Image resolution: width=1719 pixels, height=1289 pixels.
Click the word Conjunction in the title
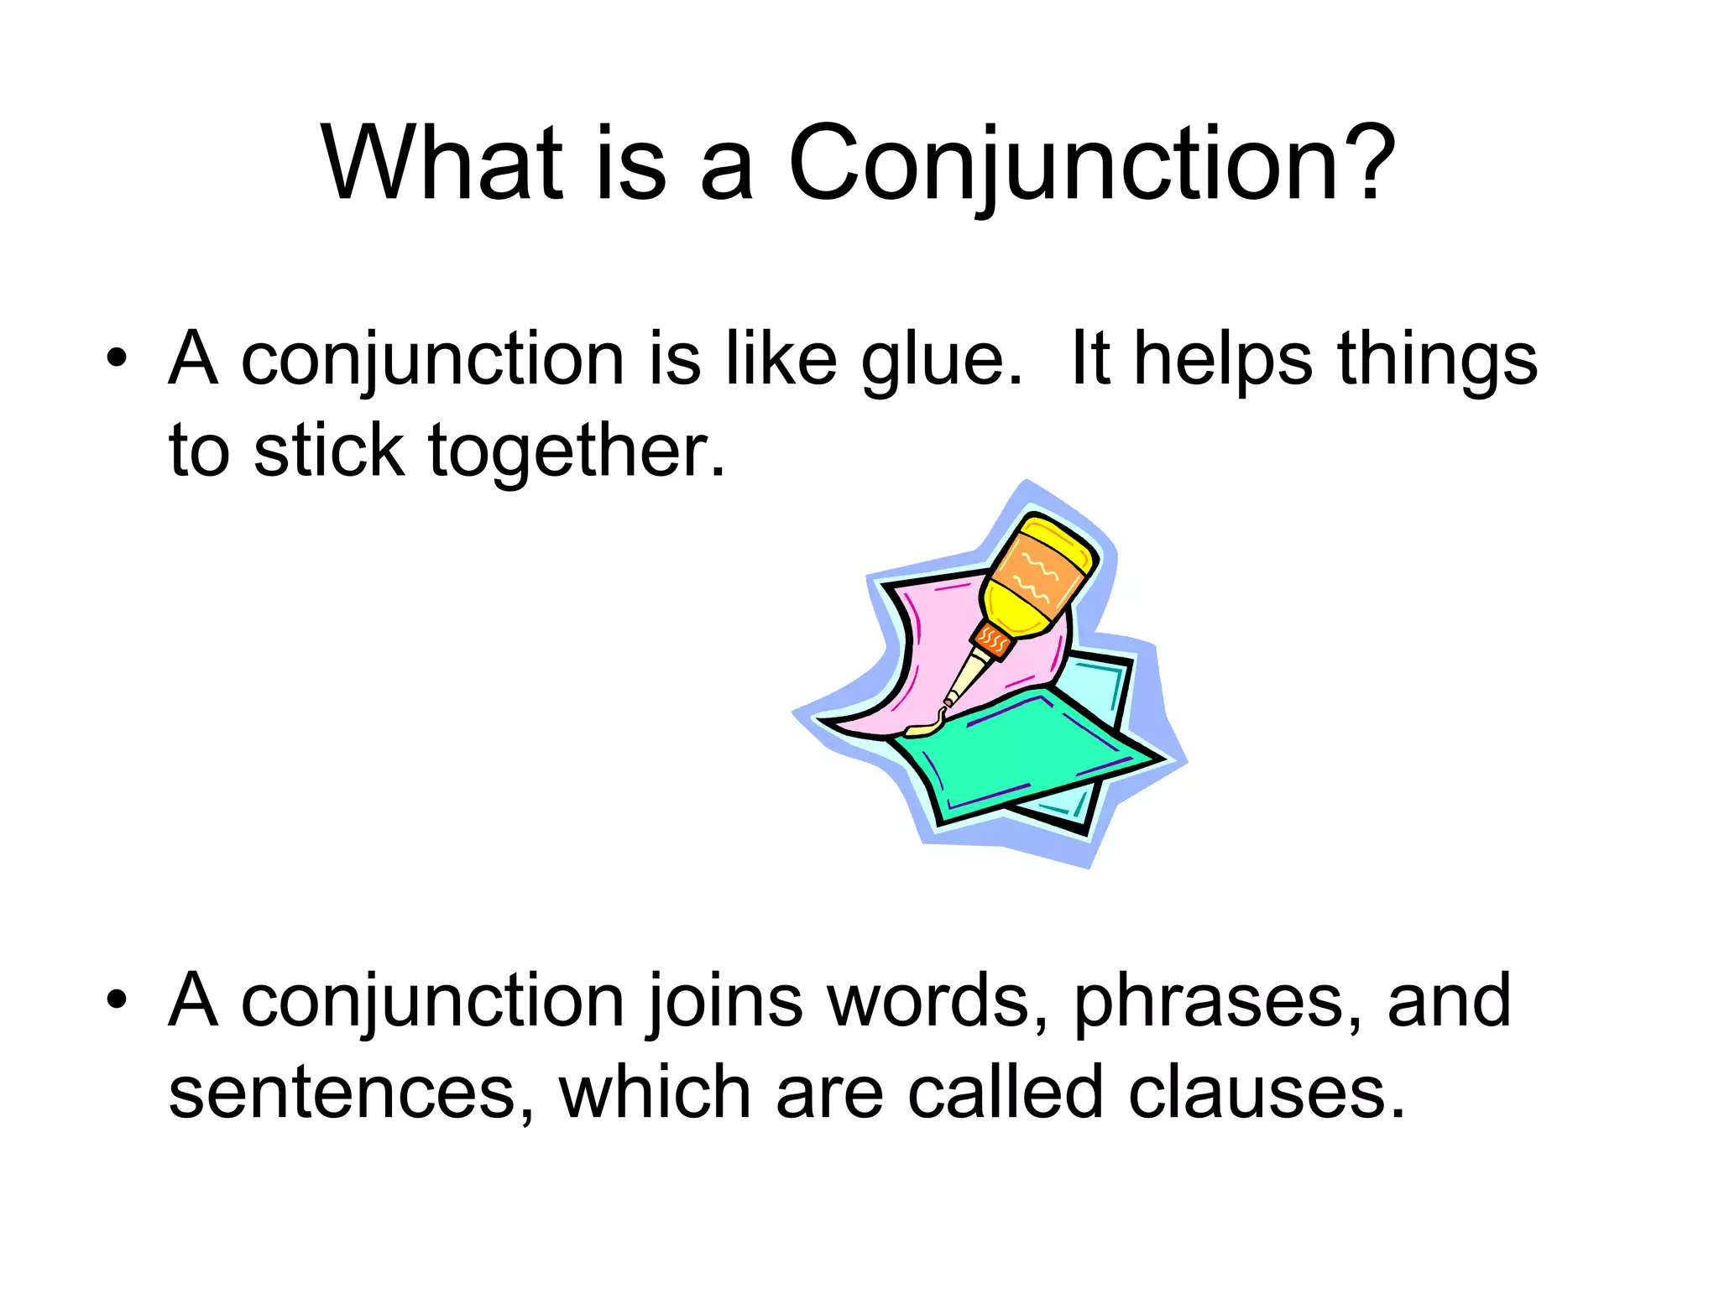(1062, 164)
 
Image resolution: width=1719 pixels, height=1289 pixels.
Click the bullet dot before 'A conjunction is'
(117, 359)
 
